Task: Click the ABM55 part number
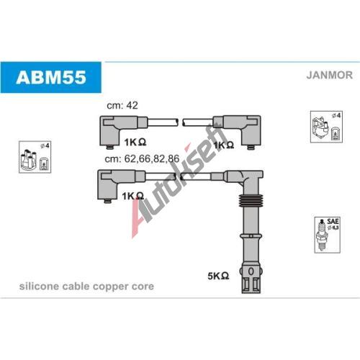pos(51,77)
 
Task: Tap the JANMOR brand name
pos(329,75)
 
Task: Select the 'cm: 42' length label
pos(122,105)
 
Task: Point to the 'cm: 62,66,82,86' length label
pos(142,158)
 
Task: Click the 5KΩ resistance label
pos(218,276)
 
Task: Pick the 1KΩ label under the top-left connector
pos(135,142)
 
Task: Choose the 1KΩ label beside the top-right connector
pos(223,145)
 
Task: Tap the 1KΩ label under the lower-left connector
pos(132,196)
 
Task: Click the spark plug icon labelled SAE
pos(328,235)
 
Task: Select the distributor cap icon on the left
pos(35,157)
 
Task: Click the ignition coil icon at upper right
pos(326,127)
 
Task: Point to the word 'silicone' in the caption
pos(39,286)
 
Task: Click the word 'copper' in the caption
pos(108,287)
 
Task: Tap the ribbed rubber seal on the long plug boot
pos(250,200)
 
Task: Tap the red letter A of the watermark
pos(140,217)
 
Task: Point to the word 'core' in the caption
pos(143,287)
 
